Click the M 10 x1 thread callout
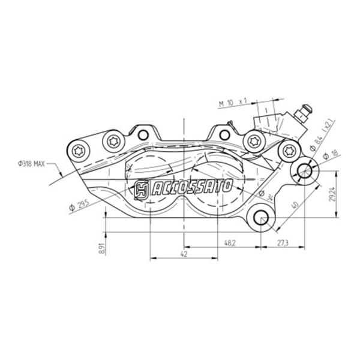232,103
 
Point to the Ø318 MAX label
31,164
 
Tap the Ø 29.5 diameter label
79,205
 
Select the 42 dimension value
184,254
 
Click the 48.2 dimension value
230,243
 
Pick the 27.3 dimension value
283,243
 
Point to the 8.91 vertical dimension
102,248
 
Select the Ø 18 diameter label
331,155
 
